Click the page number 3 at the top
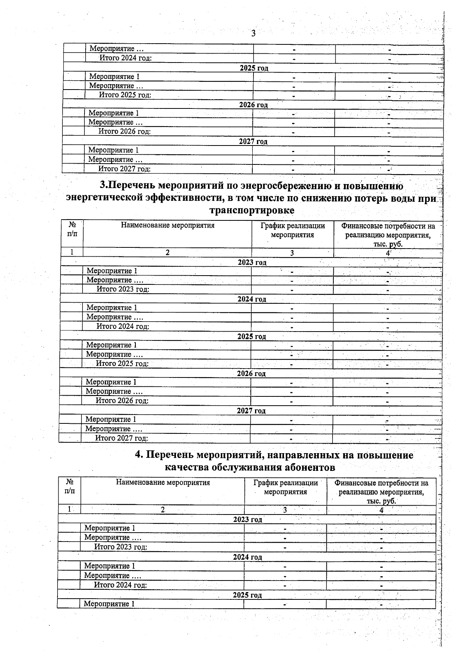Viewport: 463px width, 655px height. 253,34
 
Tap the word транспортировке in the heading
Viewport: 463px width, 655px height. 252,210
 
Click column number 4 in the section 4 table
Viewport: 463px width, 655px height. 381,510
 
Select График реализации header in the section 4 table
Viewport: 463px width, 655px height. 286,487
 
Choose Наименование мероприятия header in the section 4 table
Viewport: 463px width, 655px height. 163,482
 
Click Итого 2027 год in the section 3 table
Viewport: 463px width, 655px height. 122,438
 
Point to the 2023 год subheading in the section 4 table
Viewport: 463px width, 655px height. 247,520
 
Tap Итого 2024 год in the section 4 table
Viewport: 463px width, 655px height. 120,585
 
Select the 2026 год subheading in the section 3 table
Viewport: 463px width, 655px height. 251,374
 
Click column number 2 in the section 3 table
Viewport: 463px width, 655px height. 167,253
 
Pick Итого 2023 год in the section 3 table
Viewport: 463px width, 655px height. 123,289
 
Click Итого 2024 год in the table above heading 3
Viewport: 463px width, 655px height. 125,58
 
